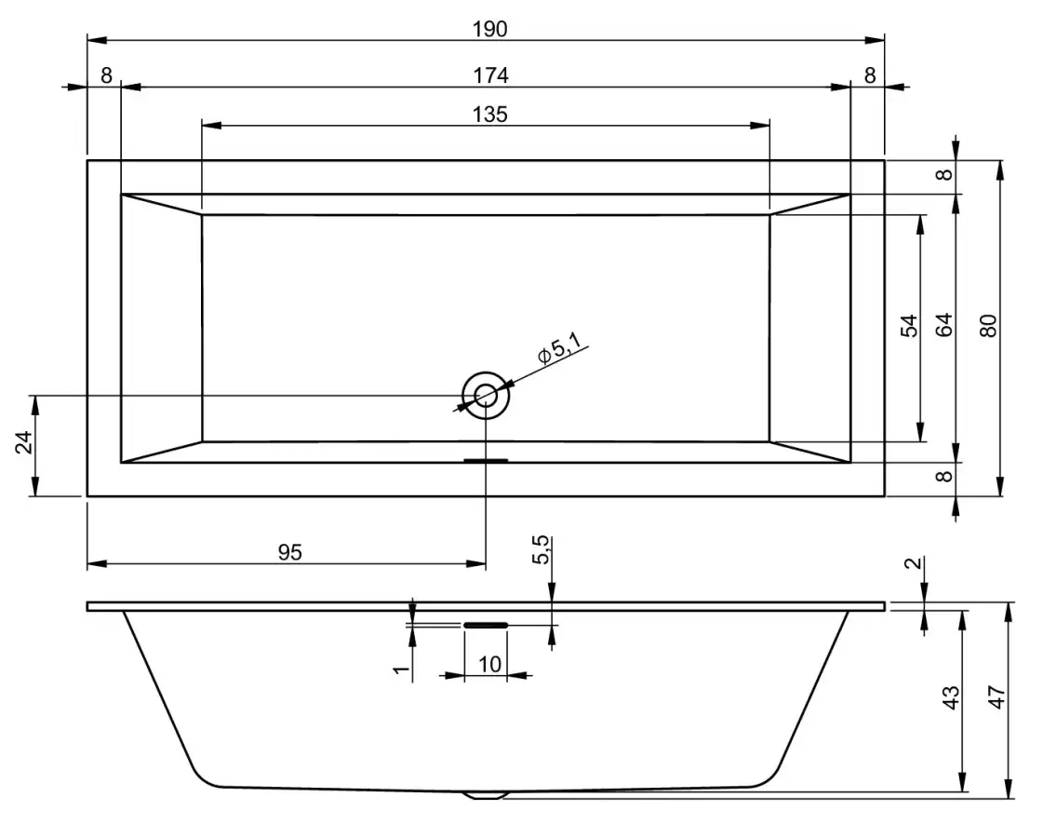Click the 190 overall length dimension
coord(490,29)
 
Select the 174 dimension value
coord(491,75)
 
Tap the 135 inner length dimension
coord(490,115)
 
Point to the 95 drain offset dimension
coord(290,552)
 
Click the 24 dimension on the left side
coord(24,442)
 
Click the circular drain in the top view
coord(486,396)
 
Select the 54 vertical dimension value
coord(909,326)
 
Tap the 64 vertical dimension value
coord(944,325)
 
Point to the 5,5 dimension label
coord(542,549)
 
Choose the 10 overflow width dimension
coord(489,664)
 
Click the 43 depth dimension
coord(952,697)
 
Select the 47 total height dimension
coord(996,697)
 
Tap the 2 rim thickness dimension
coord(915,563)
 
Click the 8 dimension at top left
coord(106,75)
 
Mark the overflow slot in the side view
coord(486,625)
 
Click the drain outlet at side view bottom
coord(486,794)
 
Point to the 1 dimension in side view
coord(401,669)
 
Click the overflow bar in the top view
coord(486,460)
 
